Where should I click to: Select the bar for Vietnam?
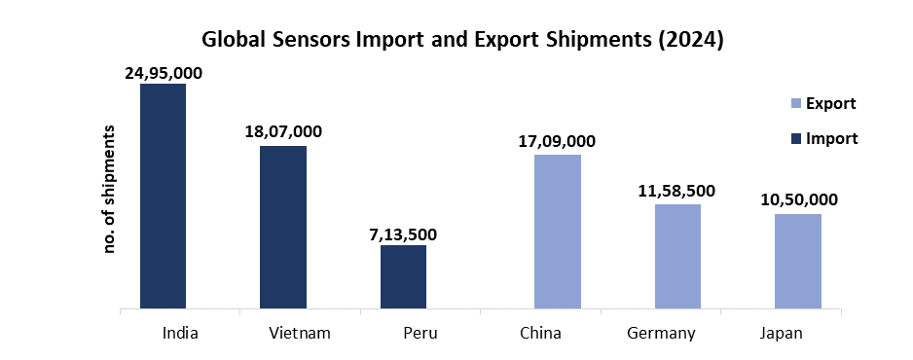click(x=283, y=228)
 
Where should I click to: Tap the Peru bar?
click(x=403, y=277)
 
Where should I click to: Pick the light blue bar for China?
click(x=558, y=232)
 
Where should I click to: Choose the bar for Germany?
click(x=677, y=257)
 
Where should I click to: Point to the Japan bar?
click(x=798, y=262)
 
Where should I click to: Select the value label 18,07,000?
click(x=283, y=131)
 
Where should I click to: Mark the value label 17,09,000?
click(x=557, y=141)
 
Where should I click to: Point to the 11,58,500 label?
click(x=677, y=191)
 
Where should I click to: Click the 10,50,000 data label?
click(x=798, y=199)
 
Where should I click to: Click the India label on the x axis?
click(x=182, y=334)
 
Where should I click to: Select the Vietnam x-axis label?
click(x=300, y=334)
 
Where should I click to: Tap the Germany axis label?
click(x=661, y=334)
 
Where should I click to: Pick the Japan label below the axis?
click(x=782, y=334)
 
